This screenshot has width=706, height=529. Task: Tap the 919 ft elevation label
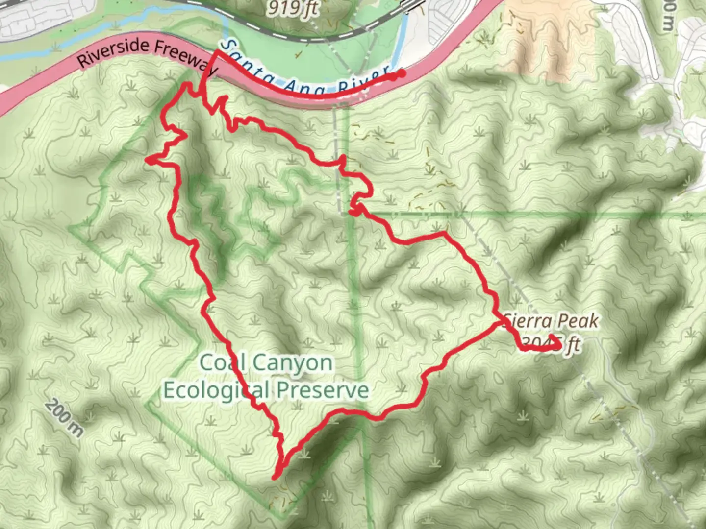(x=293, y=8)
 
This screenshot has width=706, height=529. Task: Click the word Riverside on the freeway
(x=113, y=53)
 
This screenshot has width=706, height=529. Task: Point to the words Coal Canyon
(x=266, y=363)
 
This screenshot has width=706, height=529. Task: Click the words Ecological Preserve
(x=266, y=390)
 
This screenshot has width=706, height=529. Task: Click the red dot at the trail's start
(x=401, y=74)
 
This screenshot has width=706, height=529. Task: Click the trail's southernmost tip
(x=276, y=477)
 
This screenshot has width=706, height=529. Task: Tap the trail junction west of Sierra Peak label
(x=501, y=323)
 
